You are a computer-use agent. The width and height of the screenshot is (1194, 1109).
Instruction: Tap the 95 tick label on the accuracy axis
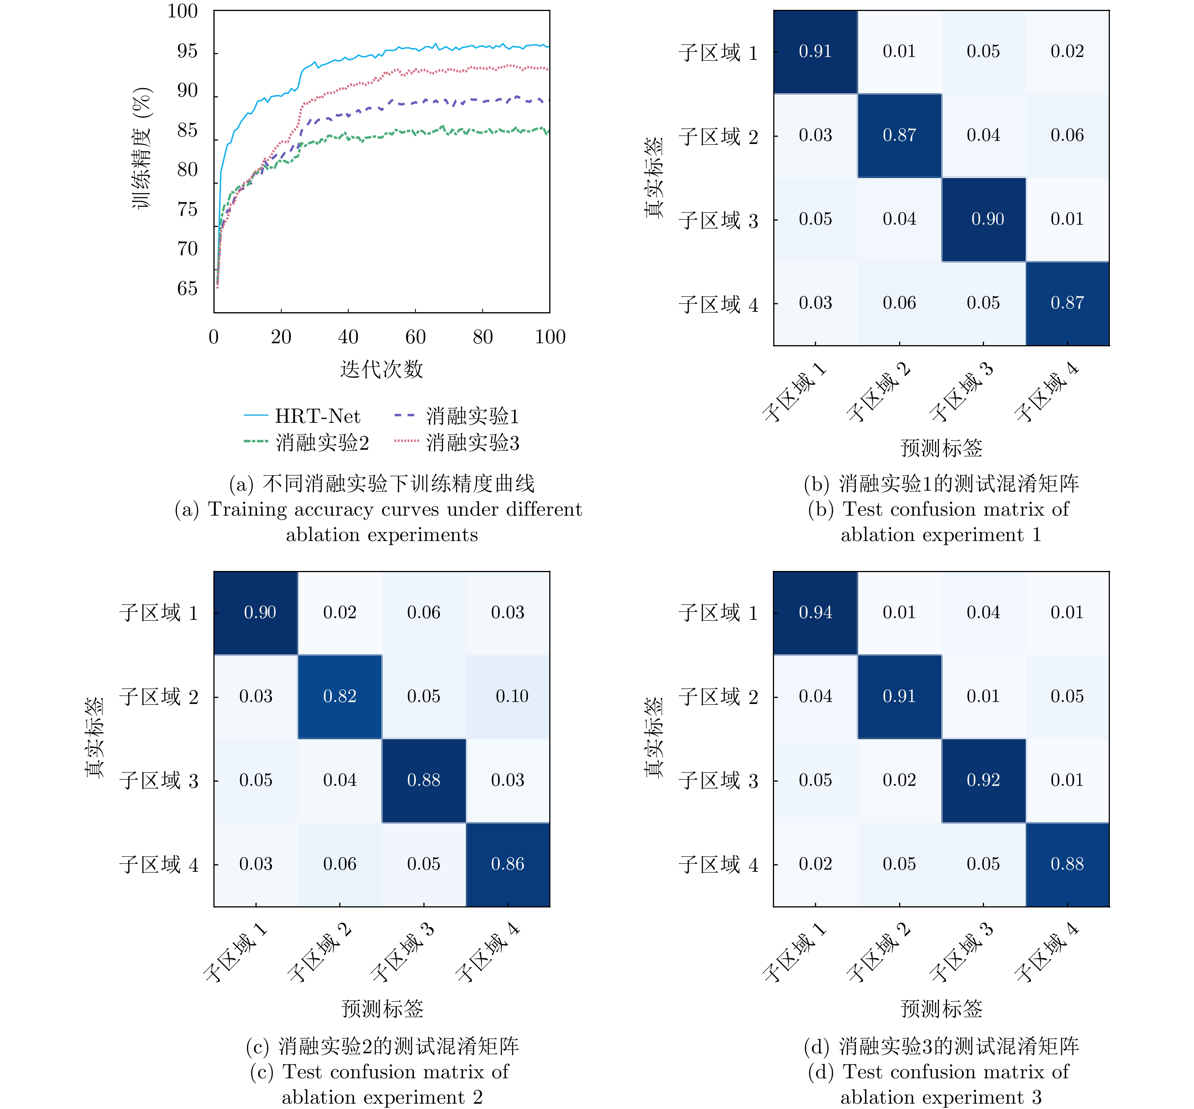(x=187, y=51)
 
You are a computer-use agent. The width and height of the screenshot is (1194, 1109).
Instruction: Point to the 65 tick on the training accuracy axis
(x=187, y=288)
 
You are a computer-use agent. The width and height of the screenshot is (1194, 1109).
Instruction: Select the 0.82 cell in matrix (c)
(x=340, y=696)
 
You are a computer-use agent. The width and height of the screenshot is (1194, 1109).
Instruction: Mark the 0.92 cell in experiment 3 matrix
(x=983, y=780)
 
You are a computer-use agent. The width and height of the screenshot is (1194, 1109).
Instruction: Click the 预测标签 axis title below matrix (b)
(x=941, y=448)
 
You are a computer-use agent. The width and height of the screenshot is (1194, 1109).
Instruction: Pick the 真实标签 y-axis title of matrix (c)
(x=94, y=738)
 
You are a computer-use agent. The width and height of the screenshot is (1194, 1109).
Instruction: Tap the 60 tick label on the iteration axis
(x=415, y=337)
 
